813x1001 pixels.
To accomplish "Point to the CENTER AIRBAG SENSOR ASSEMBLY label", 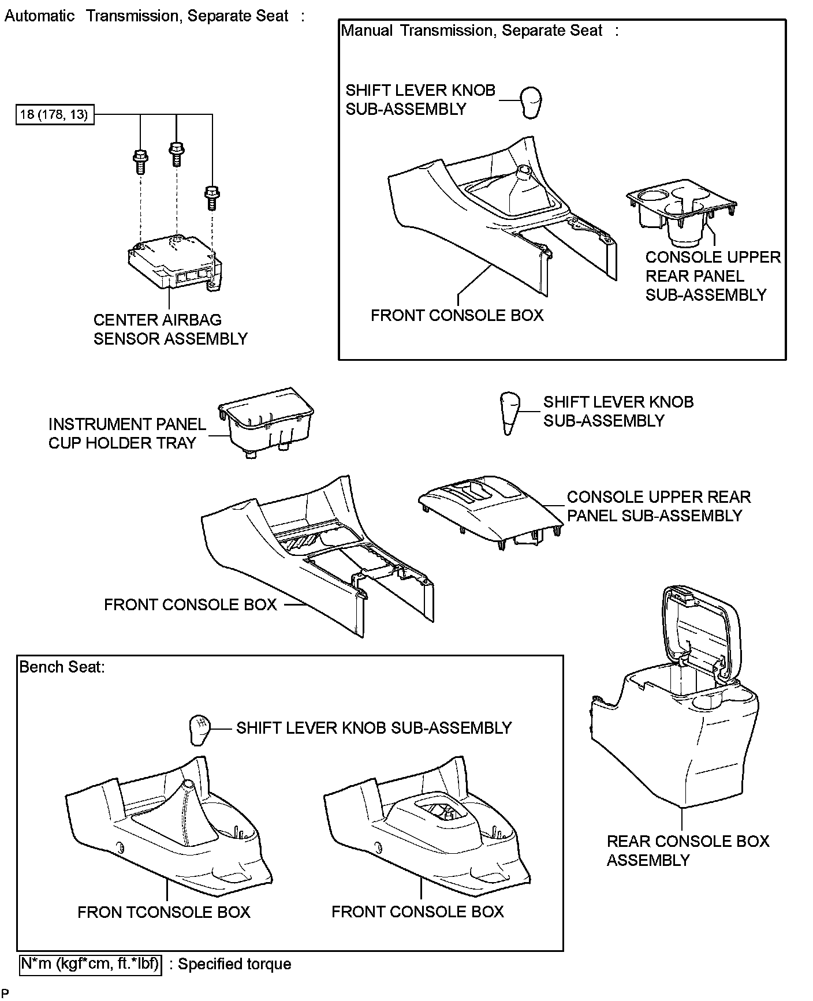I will tap(170, 330).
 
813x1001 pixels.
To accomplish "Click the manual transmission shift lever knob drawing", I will tap(531, 102).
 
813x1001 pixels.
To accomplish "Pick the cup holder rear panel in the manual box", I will tap(681, 212).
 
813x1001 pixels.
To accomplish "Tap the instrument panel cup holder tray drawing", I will tap(266, 421).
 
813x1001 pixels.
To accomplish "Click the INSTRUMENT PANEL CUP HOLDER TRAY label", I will tap(127, 434).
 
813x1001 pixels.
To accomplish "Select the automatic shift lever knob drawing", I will tap(509, 412).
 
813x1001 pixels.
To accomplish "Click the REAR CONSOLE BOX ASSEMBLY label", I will tap(687, 850).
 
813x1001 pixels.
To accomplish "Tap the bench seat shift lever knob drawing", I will tap(197, 730).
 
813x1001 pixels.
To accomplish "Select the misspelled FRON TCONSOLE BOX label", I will tap(164, 912).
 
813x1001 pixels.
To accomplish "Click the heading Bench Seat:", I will tap(62, 667).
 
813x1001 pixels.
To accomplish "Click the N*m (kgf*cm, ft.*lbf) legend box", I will tap(91, 963).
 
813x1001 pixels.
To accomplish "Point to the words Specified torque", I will tap(234, 964).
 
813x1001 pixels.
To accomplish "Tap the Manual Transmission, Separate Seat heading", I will tap(472, 31).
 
